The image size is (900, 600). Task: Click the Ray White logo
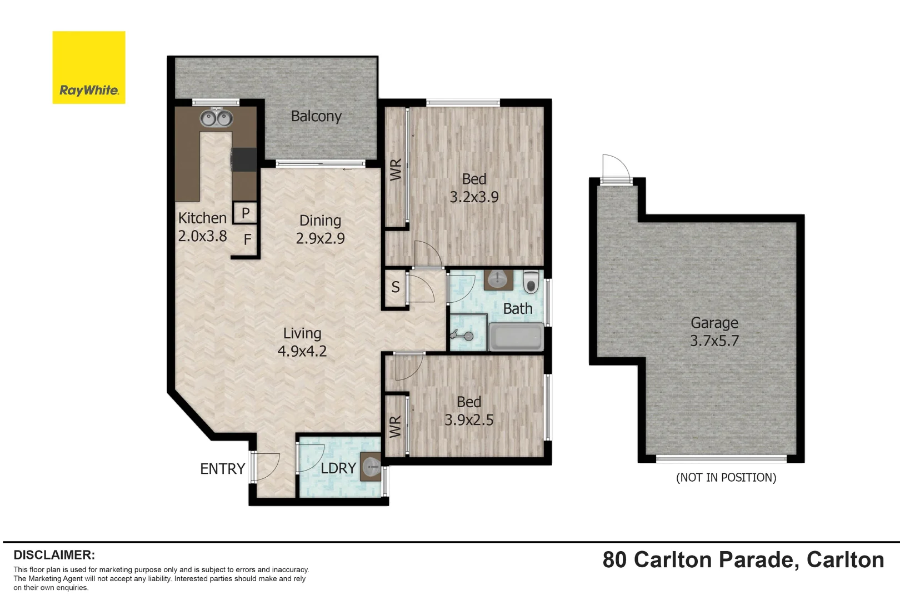(89, 68)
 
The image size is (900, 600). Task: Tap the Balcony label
(316, 116)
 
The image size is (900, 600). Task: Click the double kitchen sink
(216, 118)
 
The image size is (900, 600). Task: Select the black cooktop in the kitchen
(244, 160)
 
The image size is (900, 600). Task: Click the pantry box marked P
(245, 213)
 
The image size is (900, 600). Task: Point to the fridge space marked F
(247, 240)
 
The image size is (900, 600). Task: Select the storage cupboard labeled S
(395, 287)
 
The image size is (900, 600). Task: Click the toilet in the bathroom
(531, 282)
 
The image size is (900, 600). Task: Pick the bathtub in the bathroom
(516, 337)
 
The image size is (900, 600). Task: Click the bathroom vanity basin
(498, 279)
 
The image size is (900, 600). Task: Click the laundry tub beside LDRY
(371, 467)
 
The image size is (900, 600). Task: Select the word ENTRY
(222, 469)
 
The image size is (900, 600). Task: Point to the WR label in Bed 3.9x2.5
(395, 427)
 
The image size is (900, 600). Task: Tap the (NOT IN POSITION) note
(726, 478)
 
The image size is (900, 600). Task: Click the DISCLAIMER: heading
(54, 555)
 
